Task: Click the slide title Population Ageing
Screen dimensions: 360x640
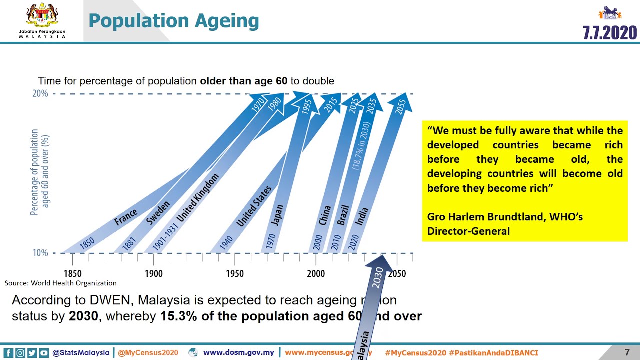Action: pos(173,21)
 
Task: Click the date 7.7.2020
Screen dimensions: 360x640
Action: pos(610,33)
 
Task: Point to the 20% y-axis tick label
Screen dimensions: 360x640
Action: pos(40,93)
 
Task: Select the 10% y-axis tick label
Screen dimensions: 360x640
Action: pos(40,253)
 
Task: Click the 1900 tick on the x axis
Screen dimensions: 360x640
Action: pos(153,273)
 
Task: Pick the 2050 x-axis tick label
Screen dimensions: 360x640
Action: pos(396,273)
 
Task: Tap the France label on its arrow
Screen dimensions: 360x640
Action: pos(126,217)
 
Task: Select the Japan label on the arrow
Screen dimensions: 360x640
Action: pos(277,215)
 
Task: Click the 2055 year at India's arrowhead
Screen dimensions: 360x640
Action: pos(400,106)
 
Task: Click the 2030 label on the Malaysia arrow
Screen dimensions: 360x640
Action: pos(378,277)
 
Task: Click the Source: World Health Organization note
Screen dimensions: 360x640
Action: pos(60,283)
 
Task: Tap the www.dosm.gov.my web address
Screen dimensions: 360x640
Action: pos(238,352)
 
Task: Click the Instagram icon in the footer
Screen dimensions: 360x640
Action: pos(20,353)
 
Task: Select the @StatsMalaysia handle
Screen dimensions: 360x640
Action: pos(81,352)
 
